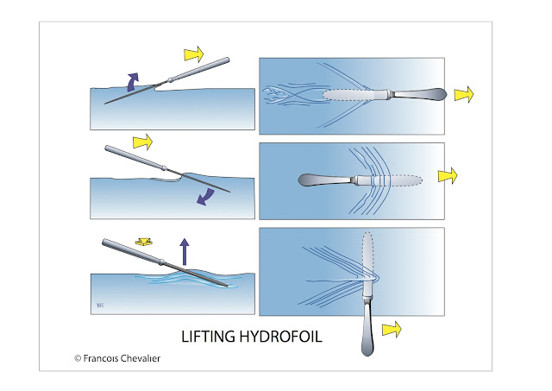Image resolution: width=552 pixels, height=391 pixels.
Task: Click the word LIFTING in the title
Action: tap(208, 337)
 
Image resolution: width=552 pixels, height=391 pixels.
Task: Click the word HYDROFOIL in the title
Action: tap(278, 337)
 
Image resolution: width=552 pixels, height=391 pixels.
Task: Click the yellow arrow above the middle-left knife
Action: tap(141, 140)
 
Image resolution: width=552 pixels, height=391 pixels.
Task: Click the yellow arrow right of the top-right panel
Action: tap(463, 93)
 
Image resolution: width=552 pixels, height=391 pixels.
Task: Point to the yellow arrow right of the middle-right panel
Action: tap(448, 176)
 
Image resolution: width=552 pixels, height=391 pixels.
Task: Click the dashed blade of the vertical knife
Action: tap(369, 255)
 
